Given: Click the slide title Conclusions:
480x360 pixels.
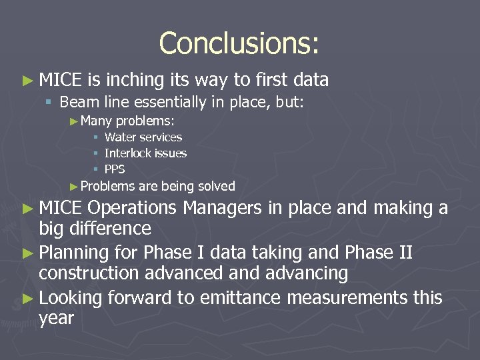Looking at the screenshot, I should click(239, 43).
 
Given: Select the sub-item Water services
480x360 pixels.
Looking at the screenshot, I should click(143, 137).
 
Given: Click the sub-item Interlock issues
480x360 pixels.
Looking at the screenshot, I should click(145, 153).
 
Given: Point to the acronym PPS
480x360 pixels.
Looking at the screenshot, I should click(115, 169).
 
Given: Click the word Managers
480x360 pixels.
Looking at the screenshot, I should click(223, 208).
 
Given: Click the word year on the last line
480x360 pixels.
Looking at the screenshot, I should click(56, 319).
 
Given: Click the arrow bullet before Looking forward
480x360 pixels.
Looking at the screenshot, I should click(27, 298).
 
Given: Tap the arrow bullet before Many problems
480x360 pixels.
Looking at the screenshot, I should click(74, 121).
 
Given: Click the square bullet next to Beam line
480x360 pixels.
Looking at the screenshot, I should click(49, 102).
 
